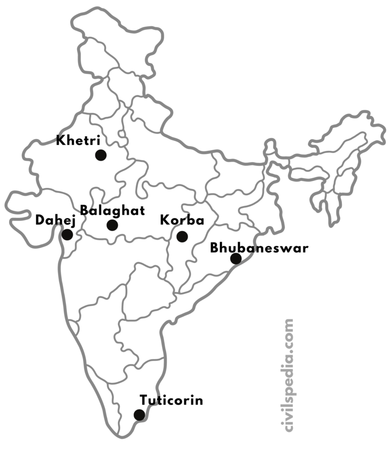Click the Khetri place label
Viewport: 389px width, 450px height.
click(78, 140)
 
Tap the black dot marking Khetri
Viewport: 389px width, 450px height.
click(100, 155)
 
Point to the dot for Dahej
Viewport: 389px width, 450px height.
click(67, 234)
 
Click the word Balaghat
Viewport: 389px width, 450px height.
click(112, 210)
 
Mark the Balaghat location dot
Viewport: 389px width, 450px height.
click(112, 225)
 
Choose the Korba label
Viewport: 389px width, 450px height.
click(182, 220)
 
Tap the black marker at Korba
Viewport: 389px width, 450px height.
click(182, 236)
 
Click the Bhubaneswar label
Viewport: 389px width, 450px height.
click(259, 248)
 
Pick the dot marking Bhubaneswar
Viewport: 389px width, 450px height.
click(236, 259)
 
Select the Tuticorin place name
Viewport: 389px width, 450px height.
click(172, 400)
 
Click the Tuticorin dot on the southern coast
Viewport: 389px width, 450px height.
click(139, 415)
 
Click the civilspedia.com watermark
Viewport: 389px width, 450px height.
click(289, 375)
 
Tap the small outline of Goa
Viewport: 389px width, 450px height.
click(74, 328)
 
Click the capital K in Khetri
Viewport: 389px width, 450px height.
click(60, 140)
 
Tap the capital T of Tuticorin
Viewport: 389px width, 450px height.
click(144, 400)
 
